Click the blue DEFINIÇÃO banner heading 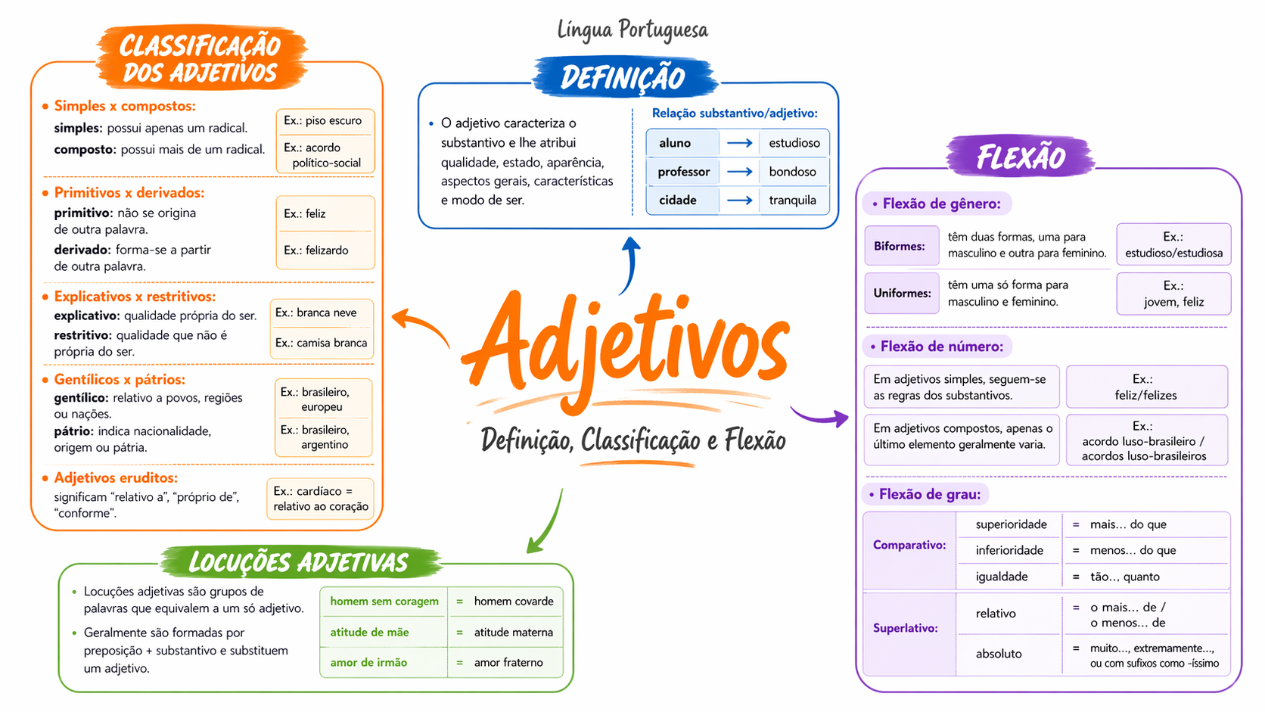pyautogui.click(x=624, y=76)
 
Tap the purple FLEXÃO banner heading pyautogui.click(x=1021, y=157)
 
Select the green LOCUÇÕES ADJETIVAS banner pyautogui.click(x=300, y=562)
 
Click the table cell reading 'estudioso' pyautogui.click(x=794, y=143)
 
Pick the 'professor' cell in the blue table pyautogui.click(x=683, y=172)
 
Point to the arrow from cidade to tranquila pyautogui.click(x=740, y=201)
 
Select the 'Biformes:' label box pyautogui.click(x=901, y=246)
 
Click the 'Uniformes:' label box pyautogui.click(x=901, y=293)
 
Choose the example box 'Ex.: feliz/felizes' pyautogui.click(x=1146, y=387)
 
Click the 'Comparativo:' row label pyautogui.click(x=909, y=545)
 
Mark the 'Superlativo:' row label pyautogui.click(x=906, y=628)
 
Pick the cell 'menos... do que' pyautogui.click(x=1133, y=550)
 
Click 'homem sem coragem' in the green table pyautogui.click(x=384, y=602)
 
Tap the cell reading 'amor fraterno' pyautogui.click(x=508, y=662)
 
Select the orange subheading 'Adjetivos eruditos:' pyautogui.click(x=116, y=477)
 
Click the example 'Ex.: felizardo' pyautogui.click(x=315, y=250)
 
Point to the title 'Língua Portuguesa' pyautogui.click(x=632, y=30)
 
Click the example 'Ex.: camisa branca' pyautogui.click(x=321, y=343)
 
